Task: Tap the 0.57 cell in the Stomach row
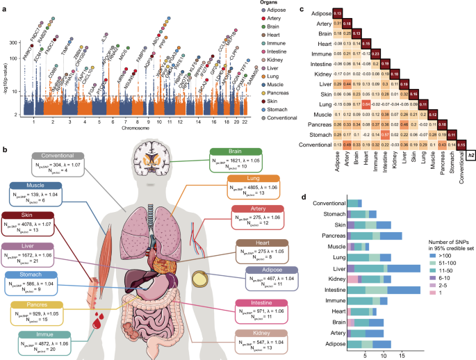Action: pos(366,134)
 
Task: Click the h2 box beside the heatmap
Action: pos(470,155)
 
